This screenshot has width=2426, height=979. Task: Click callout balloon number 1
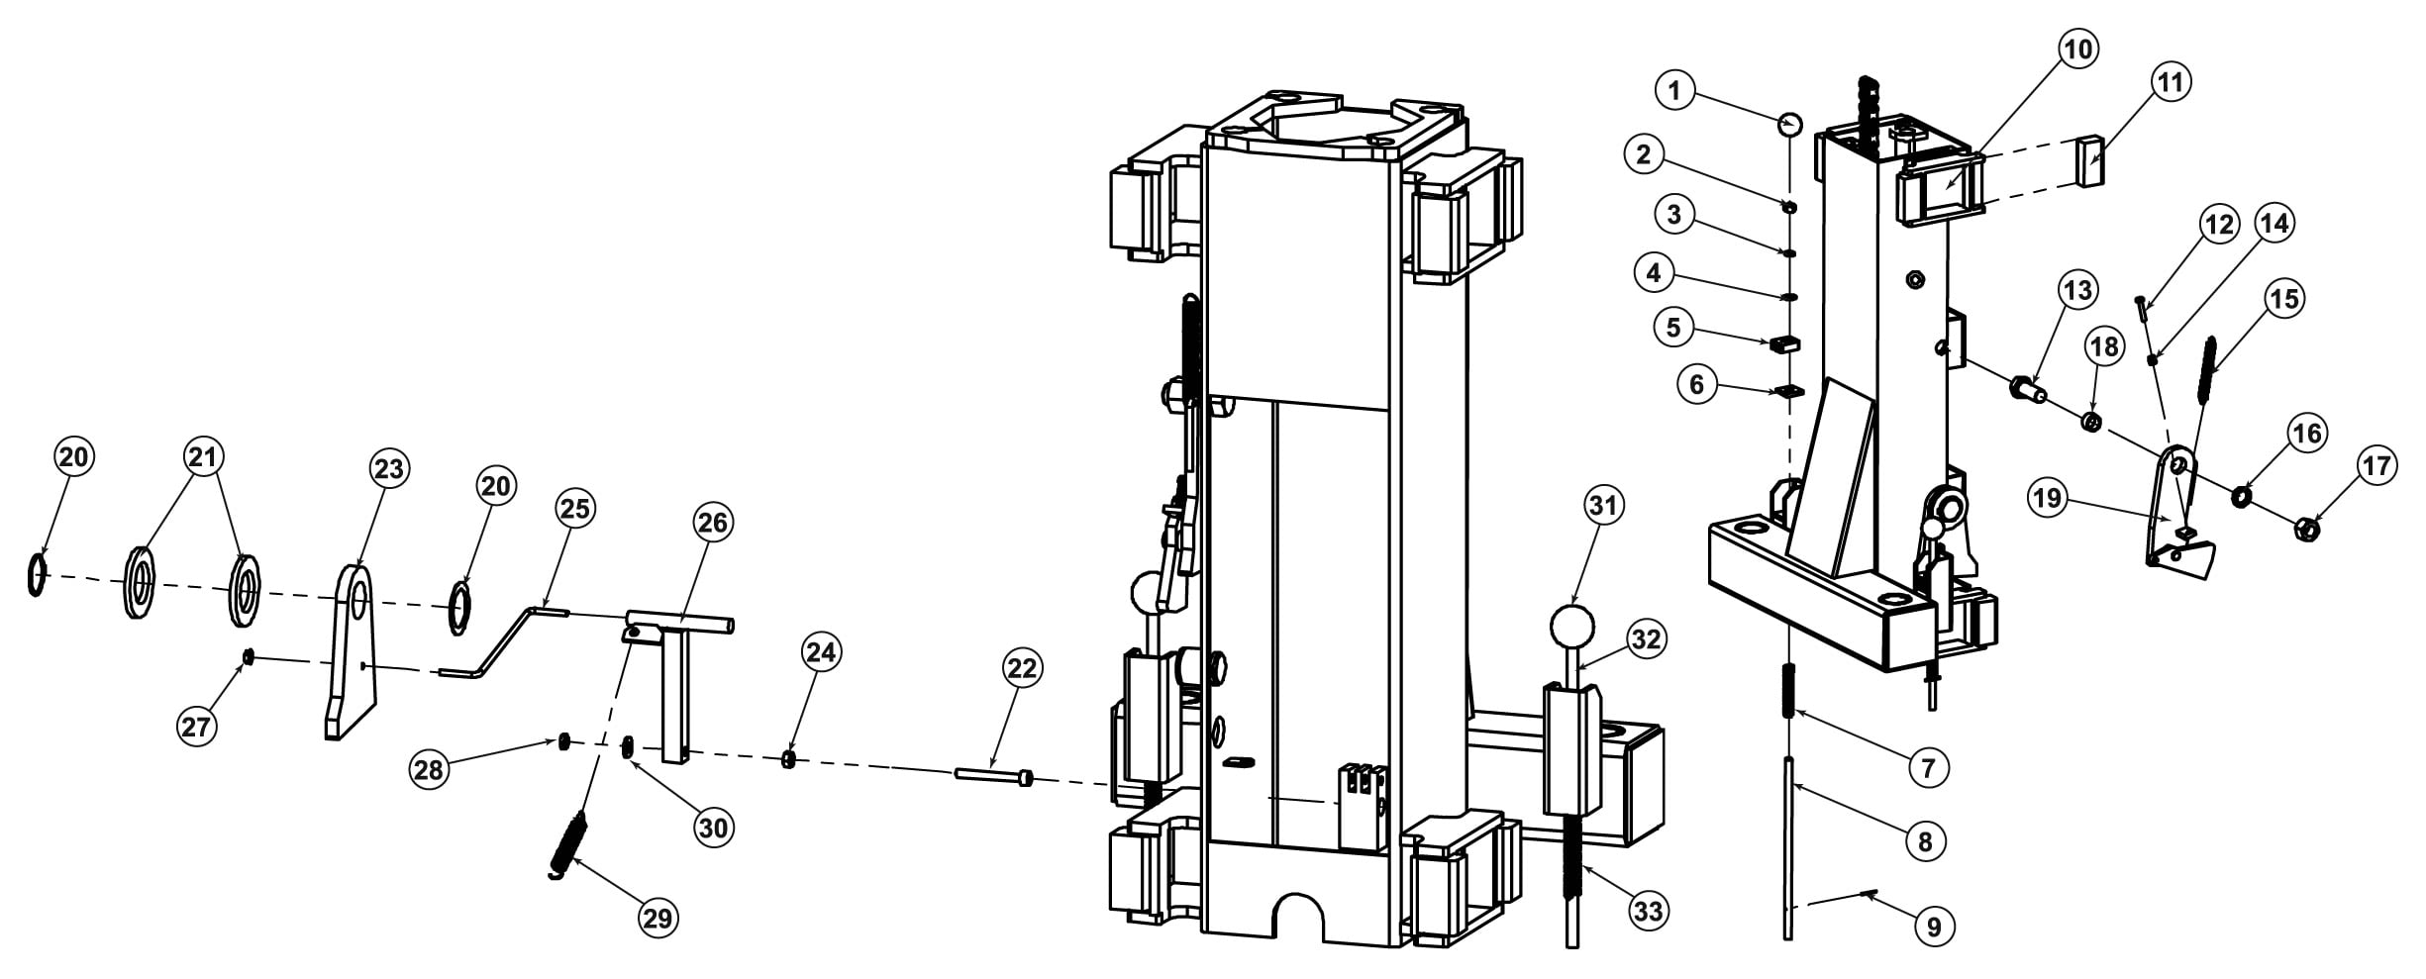click(1674, 92)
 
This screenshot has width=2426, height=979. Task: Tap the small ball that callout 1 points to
click(1789, 125)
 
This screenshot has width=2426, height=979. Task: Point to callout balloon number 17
click(2377, 465)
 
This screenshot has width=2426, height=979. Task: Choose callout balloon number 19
click(2047, 497)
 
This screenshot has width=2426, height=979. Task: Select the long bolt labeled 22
click(995, 776)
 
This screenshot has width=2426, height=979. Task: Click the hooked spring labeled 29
click(568, 844)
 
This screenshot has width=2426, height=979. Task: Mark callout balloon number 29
click(657, 919)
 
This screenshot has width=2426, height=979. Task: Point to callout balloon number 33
click(1648, 910)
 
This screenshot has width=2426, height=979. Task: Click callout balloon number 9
click(1933, 927)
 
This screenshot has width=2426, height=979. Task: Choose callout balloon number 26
click(713, 523)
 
